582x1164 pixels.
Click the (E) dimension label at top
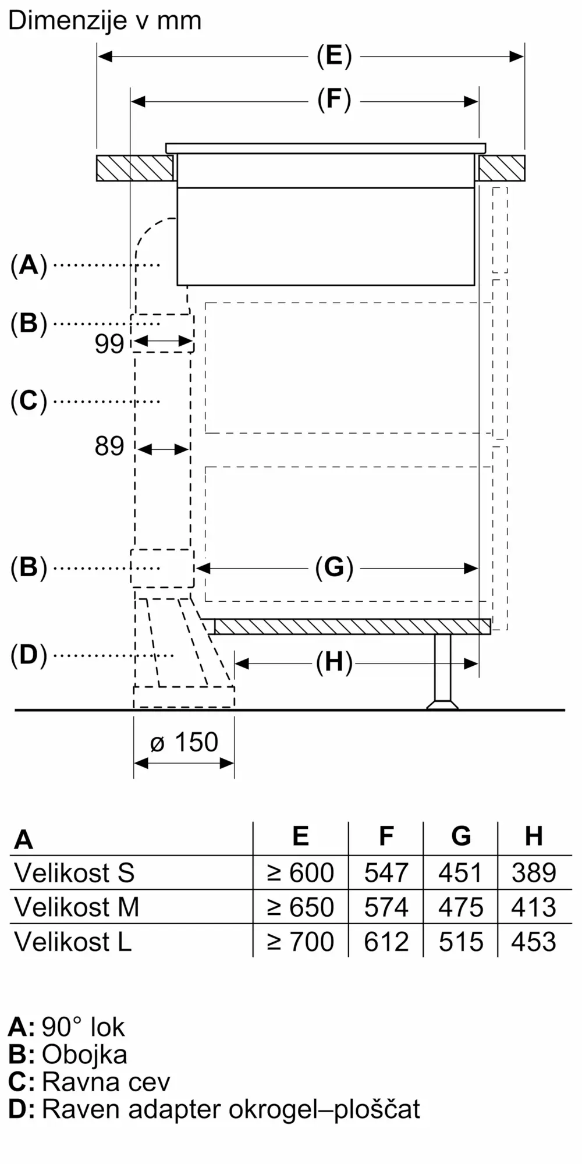point(334,56)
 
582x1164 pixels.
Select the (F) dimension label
point(334,100)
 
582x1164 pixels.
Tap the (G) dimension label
point(334,567)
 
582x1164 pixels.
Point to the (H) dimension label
point(334,662)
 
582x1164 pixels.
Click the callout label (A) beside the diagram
point(29,265)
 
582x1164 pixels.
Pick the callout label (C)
point(29,401)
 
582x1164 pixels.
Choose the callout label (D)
point(29,655)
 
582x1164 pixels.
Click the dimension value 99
point(109,344)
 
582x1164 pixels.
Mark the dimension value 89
point(109,446)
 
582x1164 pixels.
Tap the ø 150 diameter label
point(184,743)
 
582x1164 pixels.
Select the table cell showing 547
point(386,873)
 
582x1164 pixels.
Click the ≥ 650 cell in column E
point(300,907)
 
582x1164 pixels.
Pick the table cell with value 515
point(461,942)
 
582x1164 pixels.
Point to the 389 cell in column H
point(534,873)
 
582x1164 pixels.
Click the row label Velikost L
point(73,942)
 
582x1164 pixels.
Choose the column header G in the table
point(461,836)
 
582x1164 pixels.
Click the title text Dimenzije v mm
point(105,21)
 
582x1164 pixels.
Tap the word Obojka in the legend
point(84,1055)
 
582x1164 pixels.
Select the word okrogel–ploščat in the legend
point(324,1109)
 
